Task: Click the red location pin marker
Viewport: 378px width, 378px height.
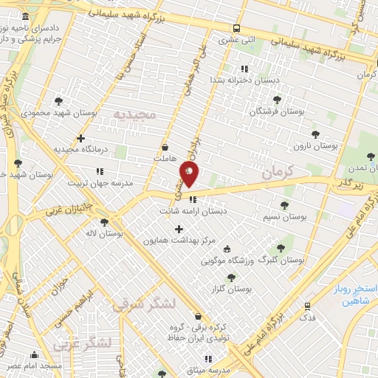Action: (189, 173)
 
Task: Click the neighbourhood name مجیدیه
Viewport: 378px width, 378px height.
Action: (135, 114)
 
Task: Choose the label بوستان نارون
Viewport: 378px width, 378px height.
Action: (315, 145)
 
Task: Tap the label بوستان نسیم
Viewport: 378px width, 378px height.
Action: (283, 217)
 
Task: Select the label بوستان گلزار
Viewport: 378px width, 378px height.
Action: (231, 289)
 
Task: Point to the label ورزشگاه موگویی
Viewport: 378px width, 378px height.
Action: (254, 249)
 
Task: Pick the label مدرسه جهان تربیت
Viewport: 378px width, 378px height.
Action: (100, 182)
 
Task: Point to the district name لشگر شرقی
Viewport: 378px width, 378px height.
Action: (145, 302)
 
